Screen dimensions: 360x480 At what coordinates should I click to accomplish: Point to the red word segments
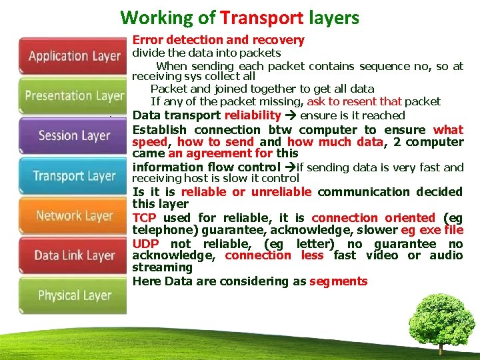(338, 281)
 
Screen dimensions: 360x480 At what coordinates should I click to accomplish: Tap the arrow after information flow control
(289, 167)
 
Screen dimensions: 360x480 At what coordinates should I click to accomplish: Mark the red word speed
(150, 142)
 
